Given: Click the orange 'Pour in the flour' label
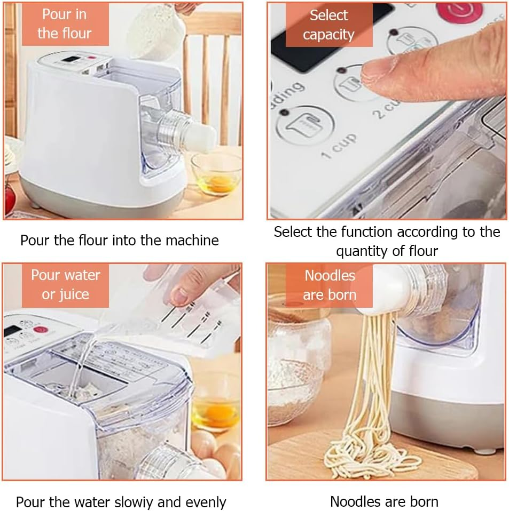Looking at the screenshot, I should pyautogui.click(x=65, y=24).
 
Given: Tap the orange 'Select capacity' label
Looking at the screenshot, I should pyautogui.click(x=328, y=25).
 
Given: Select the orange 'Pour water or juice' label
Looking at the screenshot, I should pyautogui.click(x=65, y=285).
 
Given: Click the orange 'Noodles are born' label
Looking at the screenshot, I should pyautogui.click(x=329, y=285).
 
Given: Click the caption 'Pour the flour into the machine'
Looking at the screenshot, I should pyautogui.click(x=120, y=240).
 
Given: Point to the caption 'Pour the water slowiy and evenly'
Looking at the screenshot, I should pyautogui.click(x=121, y=502).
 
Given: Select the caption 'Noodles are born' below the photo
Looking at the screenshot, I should pyautogui.click(x=384, y=501).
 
